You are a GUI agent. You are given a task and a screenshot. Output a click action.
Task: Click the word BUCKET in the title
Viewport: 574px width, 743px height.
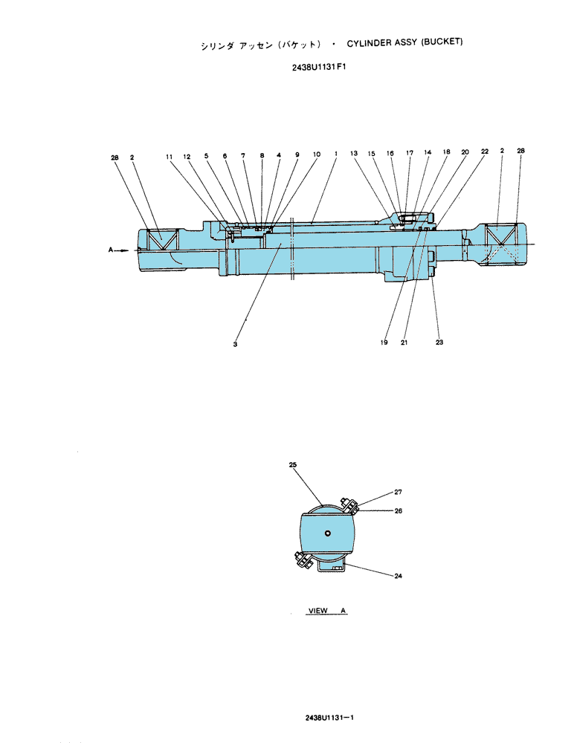click(x=441, y=42)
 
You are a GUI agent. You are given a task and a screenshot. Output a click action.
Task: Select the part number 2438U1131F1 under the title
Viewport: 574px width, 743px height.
click(x=319, y=67)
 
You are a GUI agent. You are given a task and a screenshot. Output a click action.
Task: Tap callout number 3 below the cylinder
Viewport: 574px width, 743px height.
click(x=235, y=345)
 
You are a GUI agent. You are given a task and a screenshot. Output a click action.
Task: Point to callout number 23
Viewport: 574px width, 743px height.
click(x=439, y=342)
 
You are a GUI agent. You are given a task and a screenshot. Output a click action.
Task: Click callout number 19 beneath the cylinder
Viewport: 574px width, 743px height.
click(x=384, y=343)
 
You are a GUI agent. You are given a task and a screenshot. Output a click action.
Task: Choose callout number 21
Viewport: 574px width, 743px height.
click(x=404, y=343)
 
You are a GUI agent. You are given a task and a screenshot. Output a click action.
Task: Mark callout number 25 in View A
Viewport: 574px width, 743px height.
click(x=293, y=465)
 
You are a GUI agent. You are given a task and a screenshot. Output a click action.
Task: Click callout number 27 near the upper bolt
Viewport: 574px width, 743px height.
click(x=398, y=492)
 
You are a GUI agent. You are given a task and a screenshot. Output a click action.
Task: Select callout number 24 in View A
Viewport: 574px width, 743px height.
click(x=398, y=576)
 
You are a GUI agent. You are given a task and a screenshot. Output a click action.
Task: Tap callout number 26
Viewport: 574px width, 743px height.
click(x=398, y=511)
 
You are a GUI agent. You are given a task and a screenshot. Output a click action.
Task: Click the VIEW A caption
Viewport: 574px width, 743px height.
click(x=327, y=610)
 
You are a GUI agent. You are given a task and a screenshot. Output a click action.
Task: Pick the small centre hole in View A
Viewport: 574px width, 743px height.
click(x=327, y=533)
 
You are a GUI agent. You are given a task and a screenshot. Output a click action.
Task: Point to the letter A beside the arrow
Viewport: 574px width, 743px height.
click(x=111, y=250)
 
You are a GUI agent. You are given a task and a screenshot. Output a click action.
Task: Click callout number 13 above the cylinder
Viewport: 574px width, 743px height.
click(x=354, y=153)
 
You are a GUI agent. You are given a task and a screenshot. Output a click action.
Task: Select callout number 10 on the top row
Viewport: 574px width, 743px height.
click(x=317, y=154)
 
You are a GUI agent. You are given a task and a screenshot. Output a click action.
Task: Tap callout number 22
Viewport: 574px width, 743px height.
click(x=484, y=152)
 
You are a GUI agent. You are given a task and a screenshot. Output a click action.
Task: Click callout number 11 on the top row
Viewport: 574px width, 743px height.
click(x=170, y=157)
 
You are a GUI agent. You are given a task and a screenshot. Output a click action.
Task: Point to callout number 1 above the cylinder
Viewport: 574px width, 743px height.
click(x=336, y=154)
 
